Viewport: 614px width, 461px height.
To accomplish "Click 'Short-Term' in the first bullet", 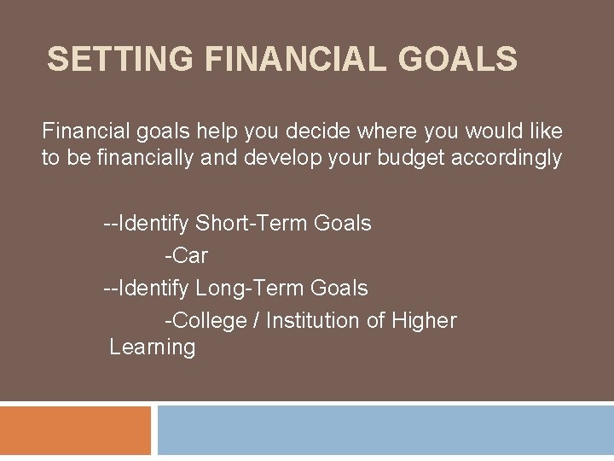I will tap(252, 224).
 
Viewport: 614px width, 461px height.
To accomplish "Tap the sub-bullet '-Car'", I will tap(186, 256).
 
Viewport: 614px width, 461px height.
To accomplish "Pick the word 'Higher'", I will tap(424, 321).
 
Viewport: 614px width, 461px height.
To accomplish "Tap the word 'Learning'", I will tap(153, 347).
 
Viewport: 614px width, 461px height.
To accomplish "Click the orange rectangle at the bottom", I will tap(75, 431).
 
